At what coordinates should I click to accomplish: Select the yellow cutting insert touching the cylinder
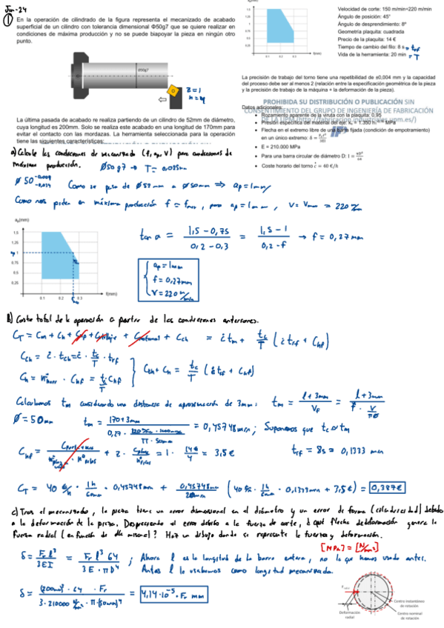coord(171,93)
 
